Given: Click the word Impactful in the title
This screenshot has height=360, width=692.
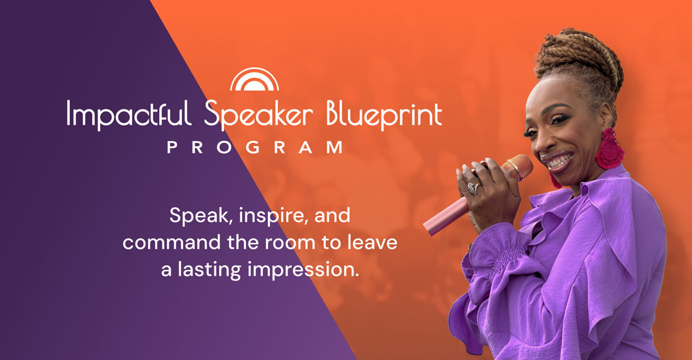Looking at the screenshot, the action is (129, 115).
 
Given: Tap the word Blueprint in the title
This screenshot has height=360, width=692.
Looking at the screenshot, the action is (384, 115).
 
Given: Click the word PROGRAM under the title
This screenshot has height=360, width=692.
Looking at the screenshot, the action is (255, 147).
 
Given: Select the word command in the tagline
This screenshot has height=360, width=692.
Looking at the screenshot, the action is (172, 242).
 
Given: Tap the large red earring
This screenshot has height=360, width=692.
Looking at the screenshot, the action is (610, 149).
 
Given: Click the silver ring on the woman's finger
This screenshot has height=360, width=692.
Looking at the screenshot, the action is (472, 189).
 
